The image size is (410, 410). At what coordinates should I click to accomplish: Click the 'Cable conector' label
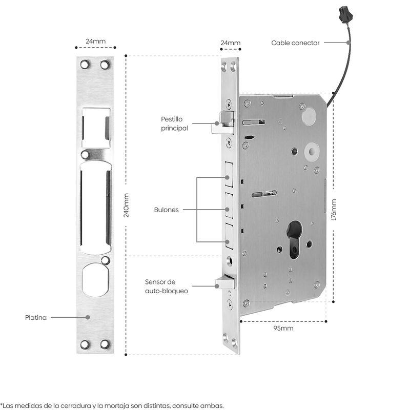[295, 43]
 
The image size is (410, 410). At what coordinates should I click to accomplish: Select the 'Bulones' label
[167, 210]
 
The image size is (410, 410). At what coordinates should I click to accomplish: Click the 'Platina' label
[36, 317]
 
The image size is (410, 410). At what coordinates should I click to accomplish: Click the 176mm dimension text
[334, 209]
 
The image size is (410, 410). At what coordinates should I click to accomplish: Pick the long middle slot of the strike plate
[96, 208]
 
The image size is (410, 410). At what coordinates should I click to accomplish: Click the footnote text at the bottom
[112, 405]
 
